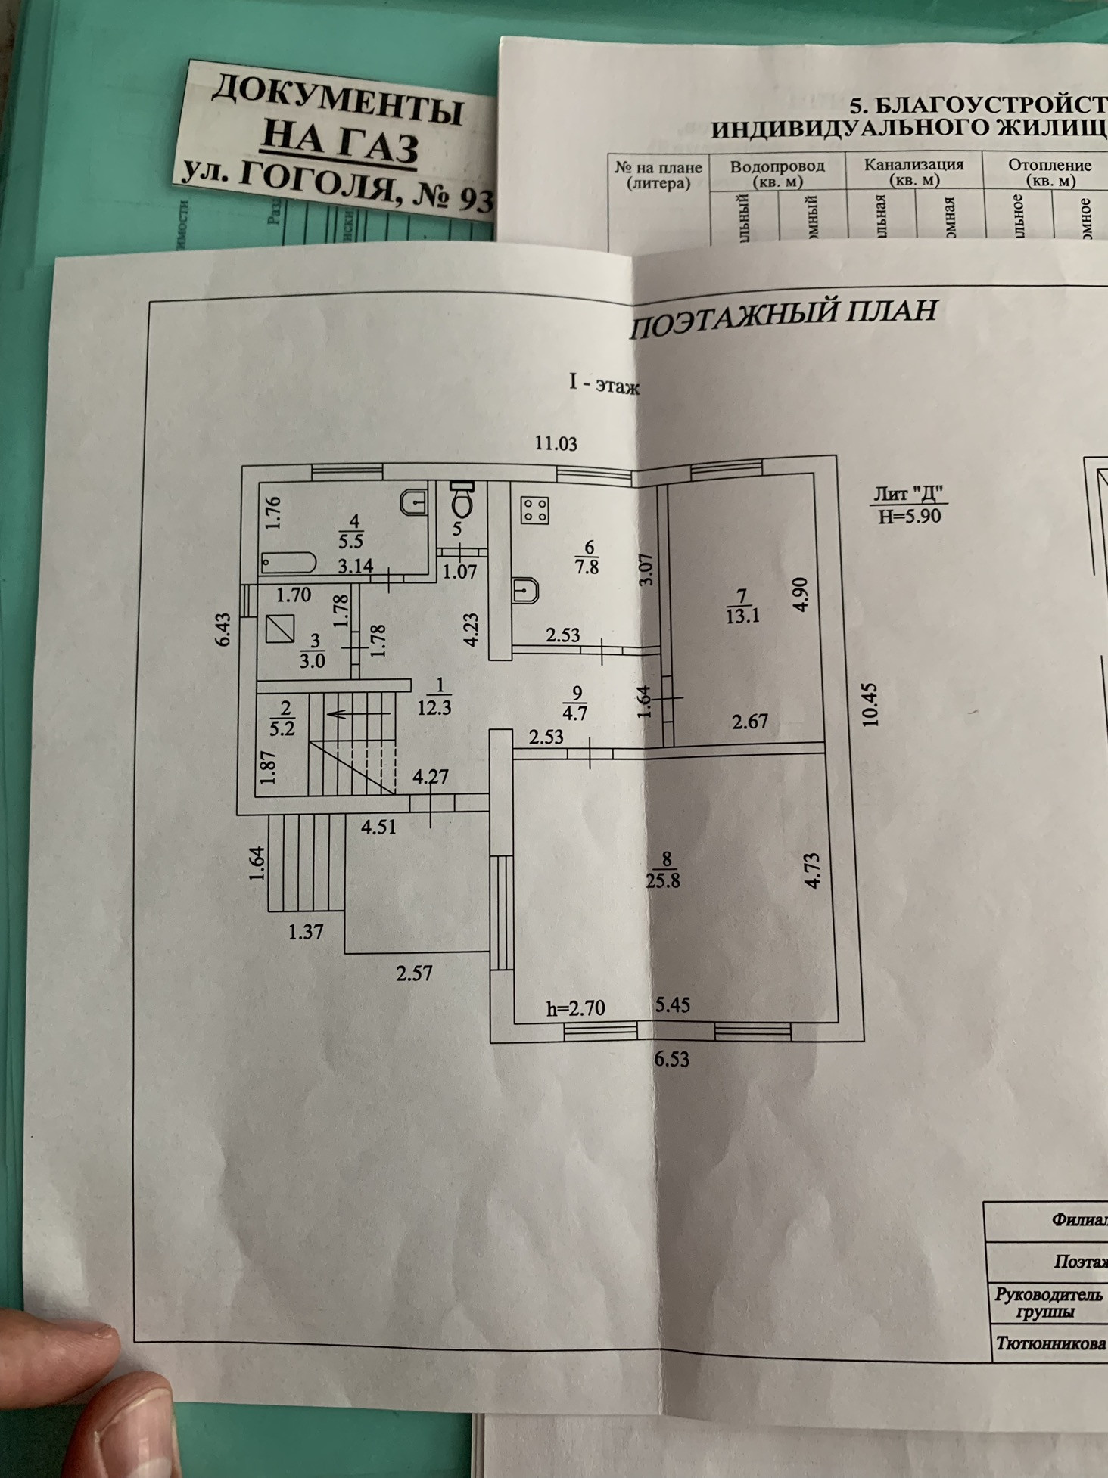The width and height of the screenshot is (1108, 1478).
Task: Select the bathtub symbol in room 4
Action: point(288,563)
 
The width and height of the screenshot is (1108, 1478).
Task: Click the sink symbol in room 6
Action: point(525,590)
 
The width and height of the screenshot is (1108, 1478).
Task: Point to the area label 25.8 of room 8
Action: point(663,880)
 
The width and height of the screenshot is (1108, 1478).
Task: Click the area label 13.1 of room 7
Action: point(742,616)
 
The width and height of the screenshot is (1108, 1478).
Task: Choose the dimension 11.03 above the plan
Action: point(556,443)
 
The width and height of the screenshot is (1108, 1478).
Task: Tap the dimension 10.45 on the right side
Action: point(871,705)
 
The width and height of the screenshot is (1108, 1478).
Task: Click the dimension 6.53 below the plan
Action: point(671,1059)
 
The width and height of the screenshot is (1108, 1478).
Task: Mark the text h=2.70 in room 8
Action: point(575,1008)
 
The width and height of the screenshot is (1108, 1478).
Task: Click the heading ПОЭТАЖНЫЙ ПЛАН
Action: point(784,318)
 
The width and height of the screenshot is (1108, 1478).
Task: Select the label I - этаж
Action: point(604,384)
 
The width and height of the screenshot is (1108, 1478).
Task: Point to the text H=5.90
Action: point(909,516)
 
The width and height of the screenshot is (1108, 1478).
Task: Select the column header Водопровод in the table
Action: point(777,166)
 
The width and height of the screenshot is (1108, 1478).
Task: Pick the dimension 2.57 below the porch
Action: point(414,973)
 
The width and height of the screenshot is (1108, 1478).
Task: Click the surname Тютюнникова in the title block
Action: point(1049,1343)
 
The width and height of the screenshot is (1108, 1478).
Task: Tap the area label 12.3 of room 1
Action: point(434,708)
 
